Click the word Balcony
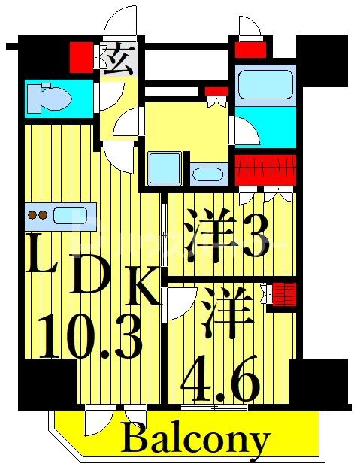tap(195, 438)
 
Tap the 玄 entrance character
tap(119, 59)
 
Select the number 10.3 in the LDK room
tap(90, 336)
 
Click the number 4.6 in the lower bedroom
tap(220, 381)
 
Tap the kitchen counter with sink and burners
tap(61, 215)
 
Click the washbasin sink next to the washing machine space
tap(207, 174)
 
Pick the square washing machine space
tap(164, 168)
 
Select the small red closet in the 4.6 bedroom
tap(284, 292)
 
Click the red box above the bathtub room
tap(250, 50)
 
